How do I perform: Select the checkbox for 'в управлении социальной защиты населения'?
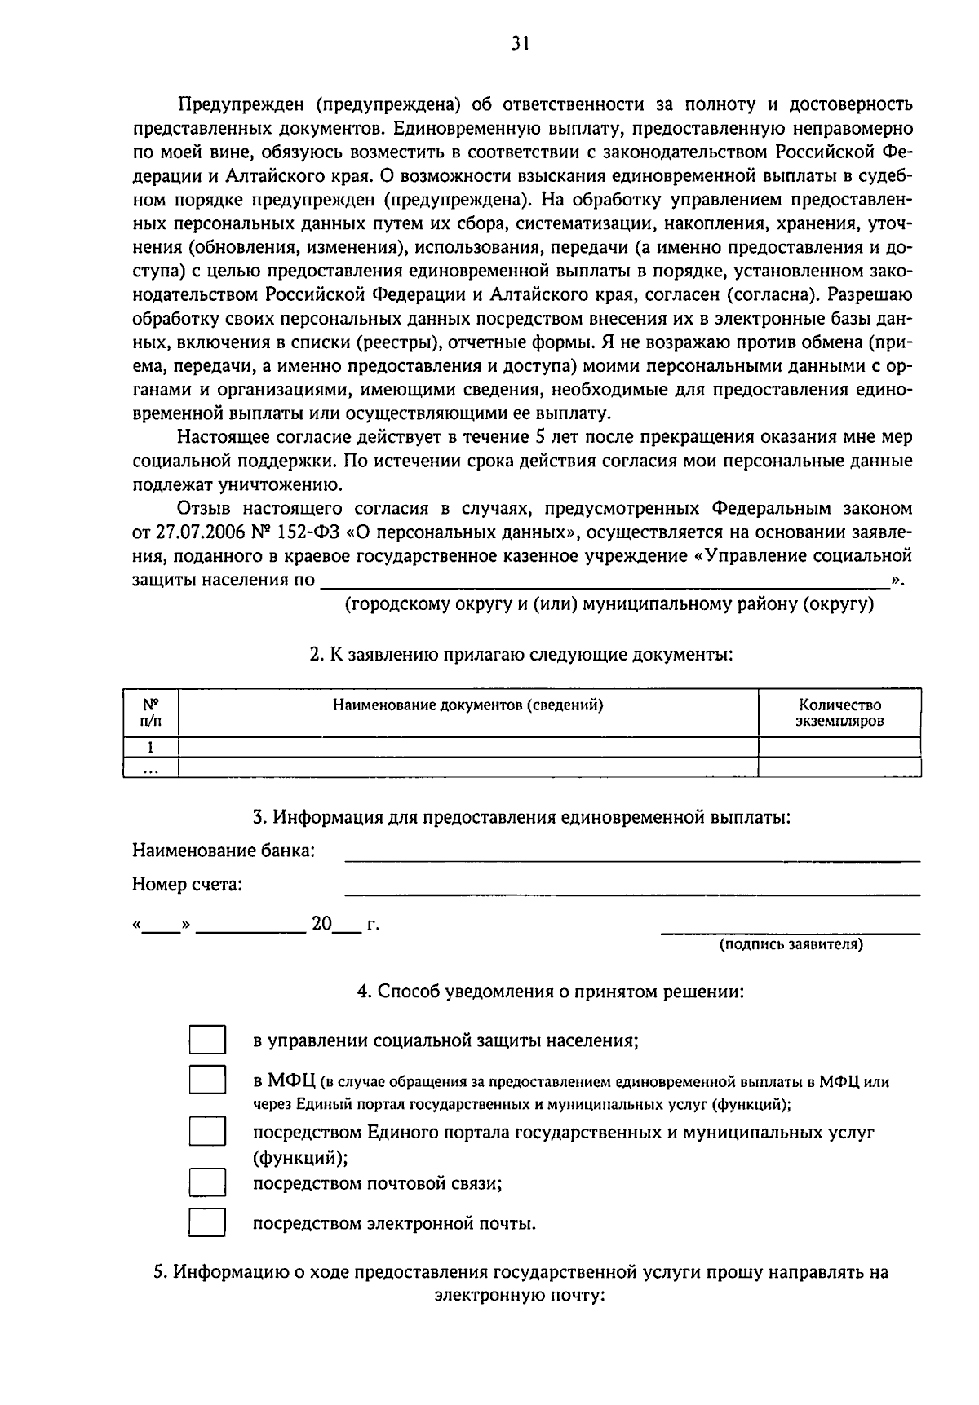207,1040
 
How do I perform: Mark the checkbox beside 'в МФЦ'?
207,1081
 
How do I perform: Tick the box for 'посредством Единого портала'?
207,1133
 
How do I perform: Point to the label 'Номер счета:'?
187,884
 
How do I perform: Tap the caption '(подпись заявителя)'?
790,944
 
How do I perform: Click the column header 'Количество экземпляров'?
839,713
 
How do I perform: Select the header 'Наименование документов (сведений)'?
467,705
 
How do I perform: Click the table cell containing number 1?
150,748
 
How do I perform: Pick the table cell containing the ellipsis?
150,768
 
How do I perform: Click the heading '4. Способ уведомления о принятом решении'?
550,992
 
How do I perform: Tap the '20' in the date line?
321,924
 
